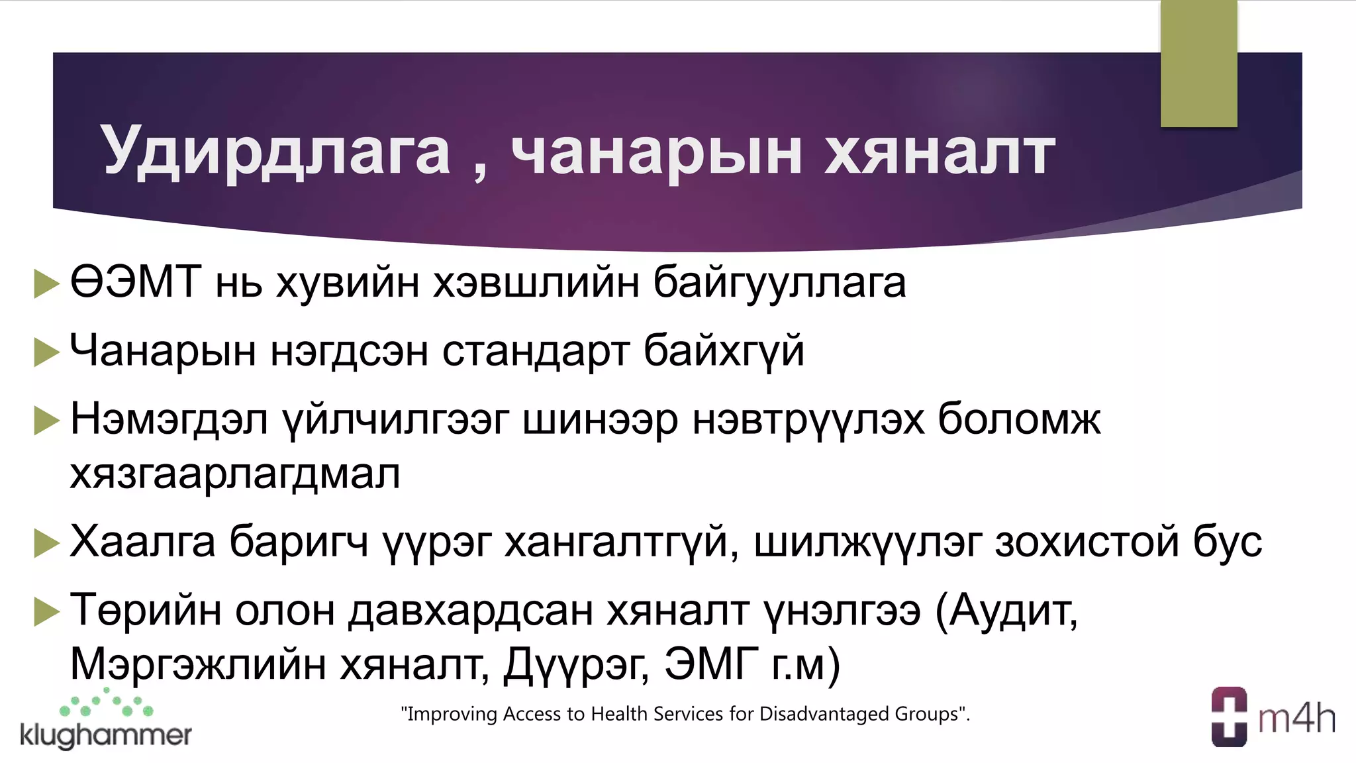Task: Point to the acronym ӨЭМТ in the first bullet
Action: [x=136, y=282]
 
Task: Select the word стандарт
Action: [x=535, y=350]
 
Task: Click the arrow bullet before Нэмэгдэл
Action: [x=46, y=421]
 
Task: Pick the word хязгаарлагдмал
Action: [x=235, y=474]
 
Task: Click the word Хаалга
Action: [x=142, y=542]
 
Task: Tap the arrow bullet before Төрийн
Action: [x=46, y=611]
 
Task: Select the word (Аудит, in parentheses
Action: [x=1006, y=610]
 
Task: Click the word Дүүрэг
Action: [x=576, y=664]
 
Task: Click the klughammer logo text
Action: [x=106, y=735]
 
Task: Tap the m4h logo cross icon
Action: [x=1229, y=717]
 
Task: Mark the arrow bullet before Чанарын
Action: [x=46, y=352]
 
